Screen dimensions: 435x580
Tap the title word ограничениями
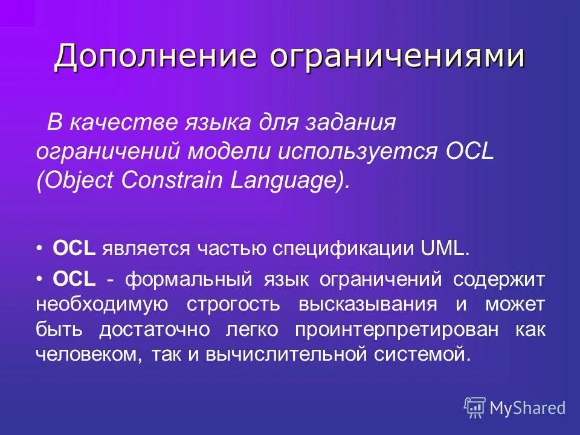tap(397, 57)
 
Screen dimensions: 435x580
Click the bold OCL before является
tap(74, 248)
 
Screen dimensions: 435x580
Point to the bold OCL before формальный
tap(74, 279)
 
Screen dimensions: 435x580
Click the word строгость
tap(233, 304)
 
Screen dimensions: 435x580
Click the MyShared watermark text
tap(527, 408)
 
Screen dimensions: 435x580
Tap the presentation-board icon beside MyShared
tap(475, 407)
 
